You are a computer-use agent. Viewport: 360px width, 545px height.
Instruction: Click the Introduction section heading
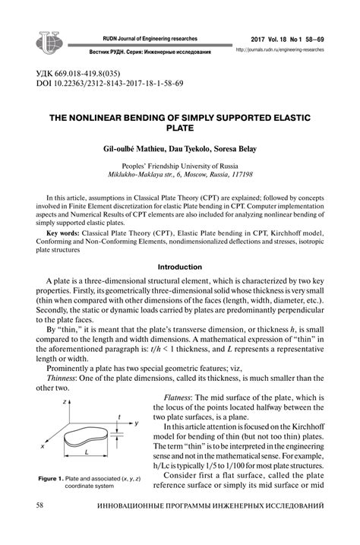[179, 268]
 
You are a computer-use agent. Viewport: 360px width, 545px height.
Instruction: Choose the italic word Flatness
[183, 398]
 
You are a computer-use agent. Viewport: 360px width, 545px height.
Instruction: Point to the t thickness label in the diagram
[120, 416]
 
